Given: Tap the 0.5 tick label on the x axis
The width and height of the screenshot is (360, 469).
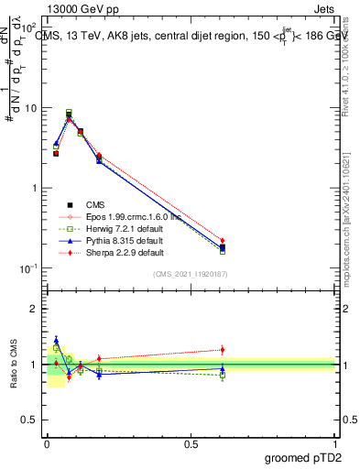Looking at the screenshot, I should [x=190, y=442].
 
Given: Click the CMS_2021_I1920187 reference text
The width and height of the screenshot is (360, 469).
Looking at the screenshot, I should [x=190, y=274].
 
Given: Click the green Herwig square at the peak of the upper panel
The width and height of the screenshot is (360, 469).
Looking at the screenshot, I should [x=69, y=113].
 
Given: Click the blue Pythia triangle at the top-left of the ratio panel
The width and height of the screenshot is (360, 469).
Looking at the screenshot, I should [x=57, y=340].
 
